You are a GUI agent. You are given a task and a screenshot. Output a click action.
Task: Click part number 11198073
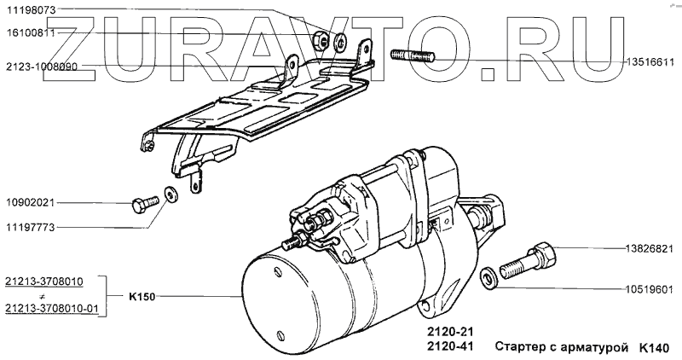click(x=30, y=9)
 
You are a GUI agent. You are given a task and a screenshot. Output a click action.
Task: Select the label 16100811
click(x=30, y=33)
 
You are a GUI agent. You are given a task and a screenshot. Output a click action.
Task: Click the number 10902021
click(x=30, y=203)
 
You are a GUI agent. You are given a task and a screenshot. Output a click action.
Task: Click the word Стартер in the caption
click(x=522, y=347)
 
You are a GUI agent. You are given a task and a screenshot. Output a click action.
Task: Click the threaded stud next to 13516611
click(x=413, y=59)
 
